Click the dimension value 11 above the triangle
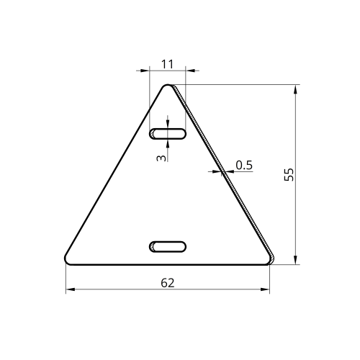pos(167,64)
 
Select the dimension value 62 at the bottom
pos(168,283)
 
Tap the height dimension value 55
pos(289,174)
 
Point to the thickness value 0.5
pos(244,165)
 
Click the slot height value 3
pos(161,158)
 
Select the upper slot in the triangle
pos(168,134)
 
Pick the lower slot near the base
pos(168,247)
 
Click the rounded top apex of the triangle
pos(168,86)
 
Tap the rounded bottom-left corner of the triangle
pos(68,261)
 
